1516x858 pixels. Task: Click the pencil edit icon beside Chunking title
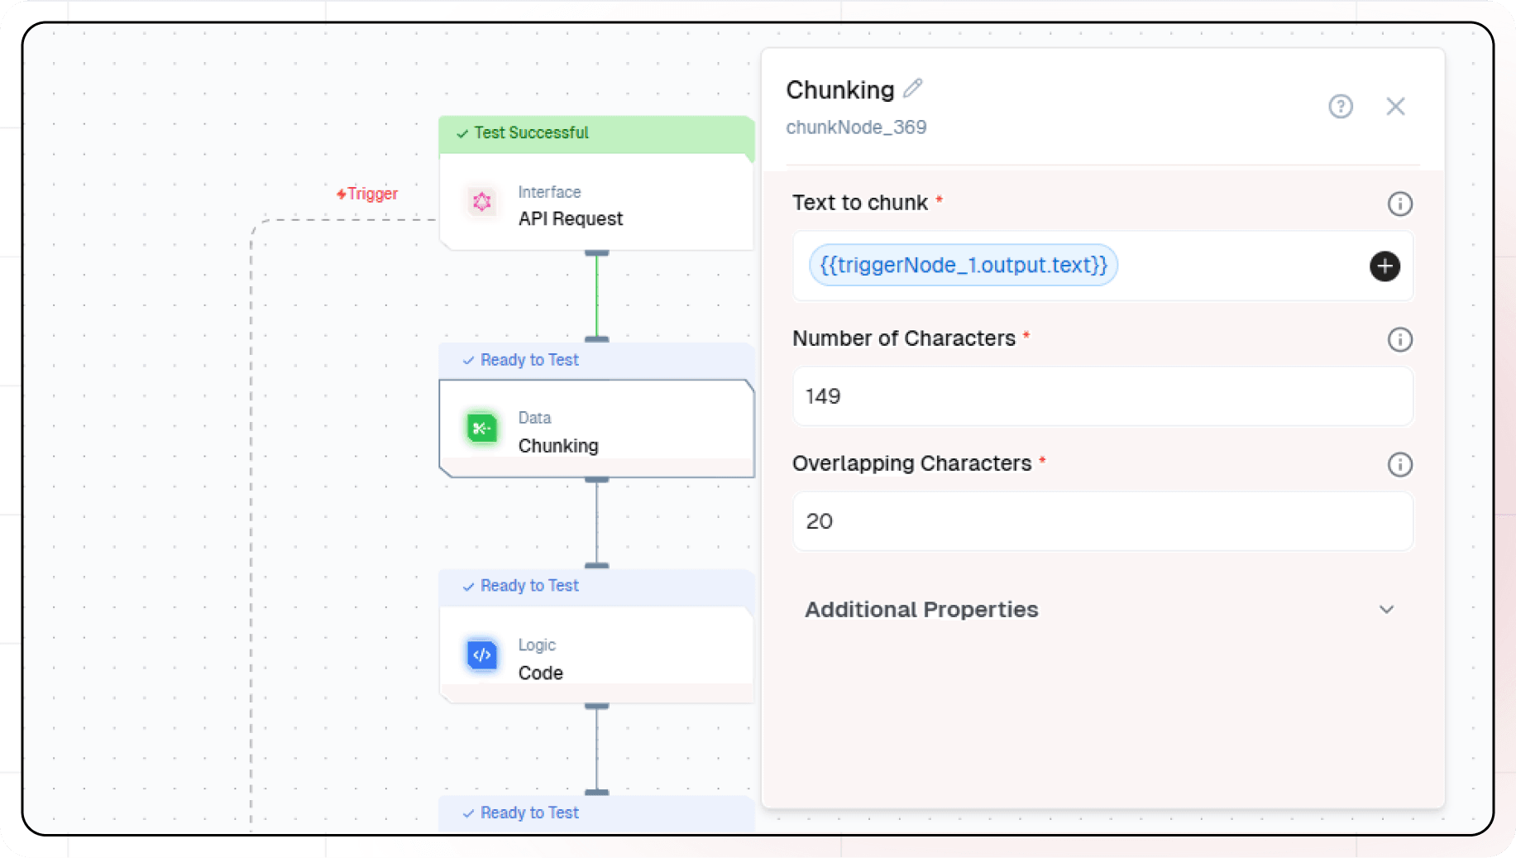point(913,88)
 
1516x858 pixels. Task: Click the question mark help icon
point(1341,107)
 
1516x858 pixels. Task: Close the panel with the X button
point(1396,107)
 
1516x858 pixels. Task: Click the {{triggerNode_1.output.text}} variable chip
point(963,266)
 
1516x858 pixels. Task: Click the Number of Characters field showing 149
point(1102,396)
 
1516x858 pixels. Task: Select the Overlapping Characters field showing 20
point(1102,521)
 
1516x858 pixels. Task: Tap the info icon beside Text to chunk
point(1399,204)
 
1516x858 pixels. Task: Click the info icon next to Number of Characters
point(1399,339)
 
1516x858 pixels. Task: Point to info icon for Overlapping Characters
point(1399,464)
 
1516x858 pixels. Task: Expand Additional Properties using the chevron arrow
point(1387,610)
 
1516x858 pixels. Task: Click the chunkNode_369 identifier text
point(856,127)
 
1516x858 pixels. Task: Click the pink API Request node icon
point(482,202)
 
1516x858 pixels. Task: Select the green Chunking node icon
point(482,429)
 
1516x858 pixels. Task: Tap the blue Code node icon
point(482,655)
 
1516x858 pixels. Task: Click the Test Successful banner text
point(531,133)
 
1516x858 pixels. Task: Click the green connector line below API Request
point(596,295)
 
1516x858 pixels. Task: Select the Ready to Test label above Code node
point(529,586)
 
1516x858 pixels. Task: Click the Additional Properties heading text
point(921,610)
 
